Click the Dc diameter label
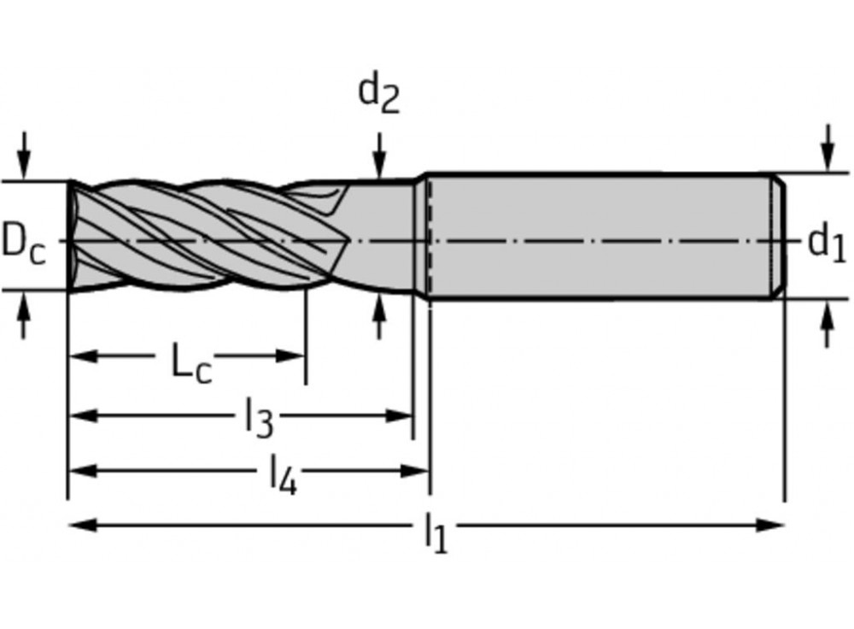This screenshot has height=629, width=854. pos(23,242)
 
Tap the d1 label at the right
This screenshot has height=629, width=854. pos(826,242)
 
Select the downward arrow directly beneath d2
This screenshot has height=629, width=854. pos(379,158)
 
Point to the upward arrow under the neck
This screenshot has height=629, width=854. pos(379,318)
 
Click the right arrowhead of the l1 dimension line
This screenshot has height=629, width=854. pos(772,524)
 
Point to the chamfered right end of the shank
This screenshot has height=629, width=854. pos(779,236)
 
